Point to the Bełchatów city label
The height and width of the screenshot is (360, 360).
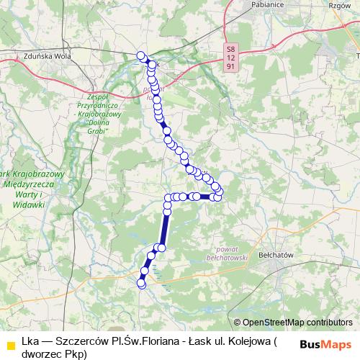[291, 255]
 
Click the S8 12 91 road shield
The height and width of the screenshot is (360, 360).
[230, 57]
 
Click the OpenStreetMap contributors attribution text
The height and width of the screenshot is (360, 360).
[297, 323]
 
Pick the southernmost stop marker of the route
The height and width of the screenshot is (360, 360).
[141, 284]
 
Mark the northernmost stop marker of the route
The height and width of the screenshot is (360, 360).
[141, 56]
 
